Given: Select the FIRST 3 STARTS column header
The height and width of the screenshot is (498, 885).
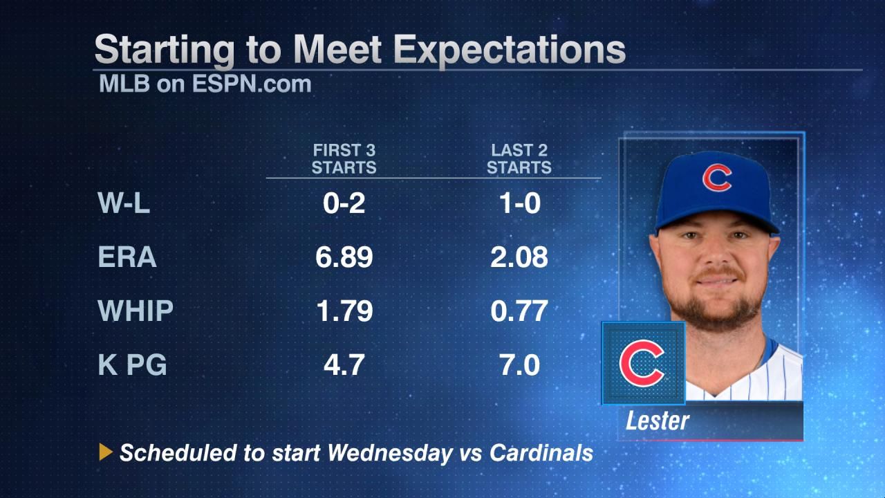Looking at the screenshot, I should (344, 159).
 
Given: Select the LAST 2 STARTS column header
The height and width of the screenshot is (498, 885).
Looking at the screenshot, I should (519, 159).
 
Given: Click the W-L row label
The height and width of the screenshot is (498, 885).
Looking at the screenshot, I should (124, 204).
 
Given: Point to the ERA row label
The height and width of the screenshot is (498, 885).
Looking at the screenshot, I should (128, 257).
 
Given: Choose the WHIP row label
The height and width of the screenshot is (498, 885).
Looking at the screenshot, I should (136, 311).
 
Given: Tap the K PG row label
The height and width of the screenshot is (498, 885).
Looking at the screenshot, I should (133, 364).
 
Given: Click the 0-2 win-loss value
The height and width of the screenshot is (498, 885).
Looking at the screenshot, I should (344, 204).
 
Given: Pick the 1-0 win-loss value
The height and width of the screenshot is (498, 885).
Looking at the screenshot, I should (519, 204).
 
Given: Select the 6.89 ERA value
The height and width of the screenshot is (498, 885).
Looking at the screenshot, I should (344, 257).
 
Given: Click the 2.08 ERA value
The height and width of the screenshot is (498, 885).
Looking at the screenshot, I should (519, 257).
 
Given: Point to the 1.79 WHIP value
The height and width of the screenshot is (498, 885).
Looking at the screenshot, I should (344, 311).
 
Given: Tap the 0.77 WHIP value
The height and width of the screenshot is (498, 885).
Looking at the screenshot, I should (519, 311).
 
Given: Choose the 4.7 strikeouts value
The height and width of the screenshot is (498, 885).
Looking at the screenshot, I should (344, 364).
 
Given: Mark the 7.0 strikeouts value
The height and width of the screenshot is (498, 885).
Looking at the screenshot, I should (519, 364).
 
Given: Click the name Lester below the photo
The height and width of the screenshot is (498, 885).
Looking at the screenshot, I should (658, 421).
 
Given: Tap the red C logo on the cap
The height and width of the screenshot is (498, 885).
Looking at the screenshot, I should (717, 178).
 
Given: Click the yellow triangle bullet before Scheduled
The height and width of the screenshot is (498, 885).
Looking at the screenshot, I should (106, 453).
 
